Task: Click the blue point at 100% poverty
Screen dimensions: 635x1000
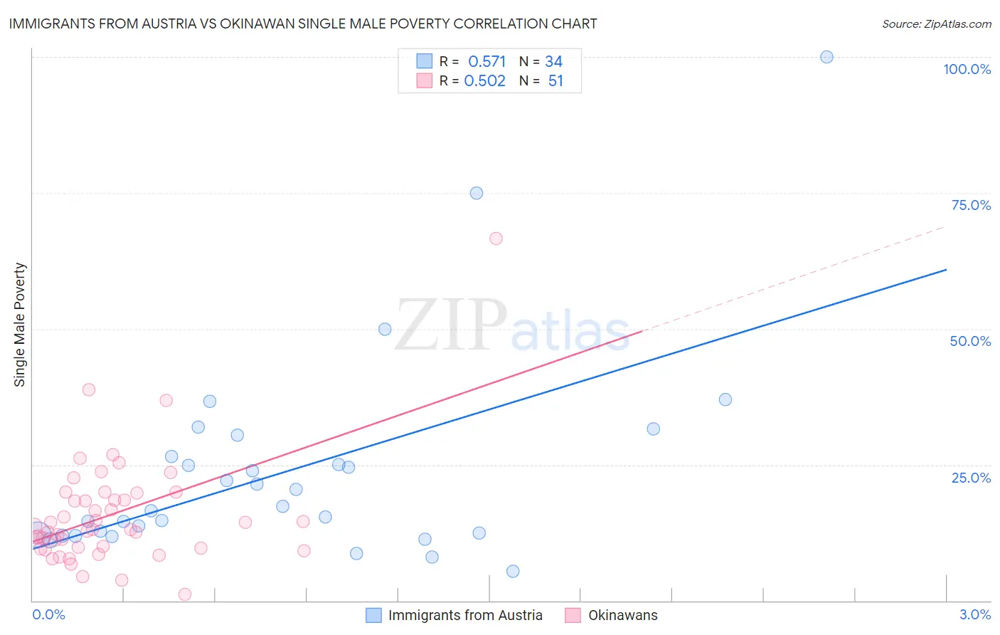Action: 826,57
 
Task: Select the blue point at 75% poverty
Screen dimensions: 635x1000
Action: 477,193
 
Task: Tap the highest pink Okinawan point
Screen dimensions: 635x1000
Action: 496,238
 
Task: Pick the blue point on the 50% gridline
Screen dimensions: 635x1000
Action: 385,329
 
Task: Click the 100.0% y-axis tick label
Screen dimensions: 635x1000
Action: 967,69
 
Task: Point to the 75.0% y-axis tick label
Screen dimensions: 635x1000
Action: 971,205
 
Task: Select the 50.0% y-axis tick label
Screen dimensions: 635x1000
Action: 970,341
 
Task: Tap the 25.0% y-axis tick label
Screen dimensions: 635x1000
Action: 971,477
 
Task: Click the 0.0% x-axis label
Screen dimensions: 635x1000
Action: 48,614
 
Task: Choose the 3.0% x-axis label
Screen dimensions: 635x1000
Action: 975,614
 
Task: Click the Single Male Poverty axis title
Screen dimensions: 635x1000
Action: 20,325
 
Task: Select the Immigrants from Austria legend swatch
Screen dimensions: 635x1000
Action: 373,615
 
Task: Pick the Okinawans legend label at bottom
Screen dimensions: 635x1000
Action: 622,615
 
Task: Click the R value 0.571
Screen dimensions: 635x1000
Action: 487,61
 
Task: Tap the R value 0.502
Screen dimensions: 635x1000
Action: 485,80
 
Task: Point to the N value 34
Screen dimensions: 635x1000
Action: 553,61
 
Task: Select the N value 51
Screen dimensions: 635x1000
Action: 555,80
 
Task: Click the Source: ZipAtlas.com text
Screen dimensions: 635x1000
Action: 936,23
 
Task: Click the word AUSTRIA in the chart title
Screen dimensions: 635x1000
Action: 167,23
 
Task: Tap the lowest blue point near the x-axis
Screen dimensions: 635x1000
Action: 513,571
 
